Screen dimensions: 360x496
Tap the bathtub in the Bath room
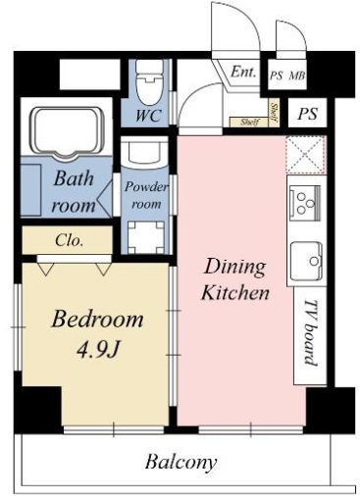67,133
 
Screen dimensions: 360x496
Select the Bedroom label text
97,320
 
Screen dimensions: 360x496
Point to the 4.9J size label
97,350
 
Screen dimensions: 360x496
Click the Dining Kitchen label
235,279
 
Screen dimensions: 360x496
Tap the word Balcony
180,463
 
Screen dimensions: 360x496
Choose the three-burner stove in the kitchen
305,203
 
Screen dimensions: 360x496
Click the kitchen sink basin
307,261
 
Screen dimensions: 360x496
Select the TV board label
311,332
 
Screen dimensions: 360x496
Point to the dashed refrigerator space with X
306,155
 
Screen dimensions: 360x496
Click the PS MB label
287,75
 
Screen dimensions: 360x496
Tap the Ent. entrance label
243,72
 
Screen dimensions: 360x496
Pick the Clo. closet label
69,240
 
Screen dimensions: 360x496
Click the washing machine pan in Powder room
146,237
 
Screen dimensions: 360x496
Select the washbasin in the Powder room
145,152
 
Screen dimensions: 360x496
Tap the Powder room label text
146,195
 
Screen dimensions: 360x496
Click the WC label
148,115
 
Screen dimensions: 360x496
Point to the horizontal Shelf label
249,123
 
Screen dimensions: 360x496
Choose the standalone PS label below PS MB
307,114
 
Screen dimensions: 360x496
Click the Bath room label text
74,192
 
